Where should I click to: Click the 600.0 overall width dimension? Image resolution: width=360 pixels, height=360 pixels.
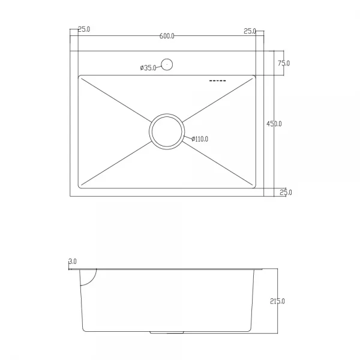pos(167,36)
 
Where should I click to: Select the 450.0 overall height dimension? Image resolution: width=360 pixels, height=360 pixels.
pos(274,124)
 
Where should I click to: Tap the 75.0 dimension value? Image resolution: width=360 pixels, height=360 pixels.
pos(283,63)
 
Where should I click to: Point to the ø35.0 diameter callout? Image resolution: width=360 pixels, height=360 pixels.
pos(148,68)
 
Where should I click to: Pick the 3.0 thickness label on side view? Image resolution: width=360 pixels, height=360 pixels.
pos(73,262)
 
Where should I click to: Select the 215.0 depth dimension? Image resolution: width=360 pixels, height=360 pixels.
pos(278,301)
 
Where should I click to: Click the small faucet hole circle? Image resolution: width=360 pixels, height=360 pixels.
pos(167,64)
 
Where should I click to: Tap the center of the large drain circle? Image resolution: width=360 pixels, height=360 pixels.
pos(167,131)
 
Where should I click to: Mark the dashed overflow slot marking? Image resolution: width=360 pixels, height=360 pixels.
pos(217,80)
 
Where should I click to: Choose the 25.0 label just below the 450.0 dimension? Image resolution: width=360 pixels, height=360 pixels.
pos(286,193)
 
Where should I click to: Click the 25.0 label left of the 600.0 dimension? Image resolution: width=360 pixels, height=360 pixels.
pos(83,30)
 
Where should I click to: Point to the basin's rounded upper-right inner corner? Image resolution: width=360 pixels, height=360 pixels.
pos(253,78)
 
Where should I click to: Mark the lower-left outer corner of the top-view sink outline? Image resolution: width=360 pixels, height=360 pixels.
pos(71,196)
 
